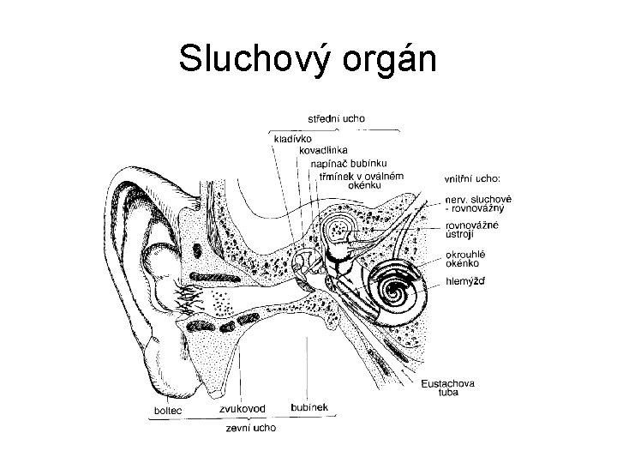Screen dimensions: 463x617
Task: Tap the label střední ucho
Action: [337, 117]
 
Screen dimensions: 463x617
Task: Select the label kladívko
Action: [292, 137]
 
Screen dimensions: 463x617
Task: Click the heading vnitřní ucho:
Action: [471, 179]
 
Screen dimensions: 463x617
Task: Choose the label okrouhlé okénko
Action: [467, 260]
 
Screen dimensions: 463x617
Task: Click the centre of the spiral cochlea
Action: [397, 289]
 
